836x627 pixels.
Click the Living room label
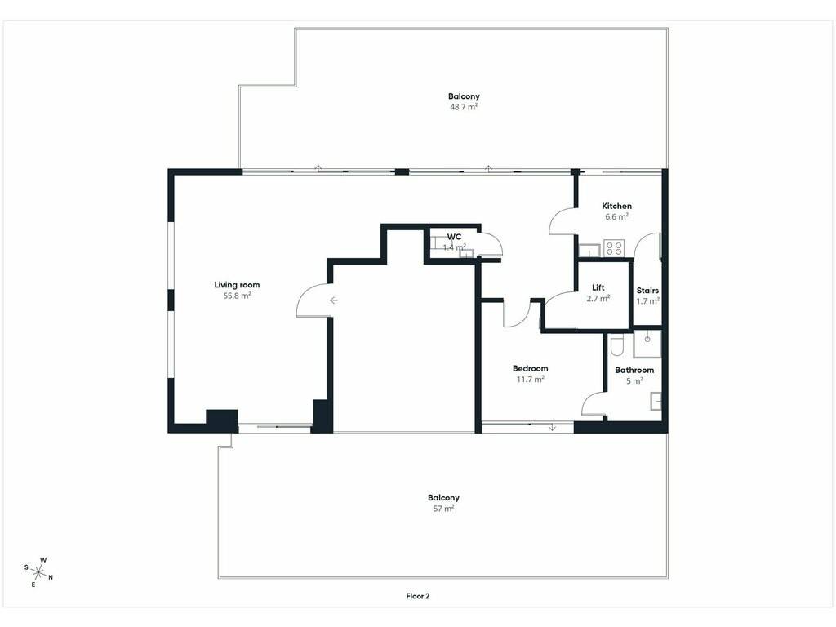237,285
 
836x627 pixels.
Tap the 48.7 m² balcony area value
464,107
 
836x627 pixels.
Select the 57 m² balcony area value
443,509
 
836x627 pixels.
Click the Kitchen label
616,206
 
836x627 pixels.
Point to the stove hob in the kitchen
614,248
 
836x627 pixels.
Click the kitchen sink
589,250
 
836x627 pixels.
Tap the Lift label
598,287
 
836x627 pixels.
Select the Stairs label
647,291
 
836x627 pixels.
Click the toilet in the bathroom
616,345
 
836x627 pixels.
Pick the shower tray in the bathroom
647,345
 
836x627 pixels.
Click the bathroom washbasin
656,402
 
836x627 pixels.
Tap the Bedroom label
530,368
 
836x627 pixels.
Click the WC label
454,237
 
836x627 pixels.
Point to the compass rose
38,572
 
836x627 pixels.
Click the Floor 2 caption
417,596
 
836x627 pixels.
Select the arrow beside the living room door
333,300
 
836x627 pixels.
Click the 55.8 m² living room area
237,296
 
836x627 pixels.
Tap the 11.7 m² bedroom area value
530,379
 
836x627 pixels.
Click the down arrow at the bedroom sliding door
552,427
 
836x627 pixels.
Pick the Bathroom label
634,370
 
